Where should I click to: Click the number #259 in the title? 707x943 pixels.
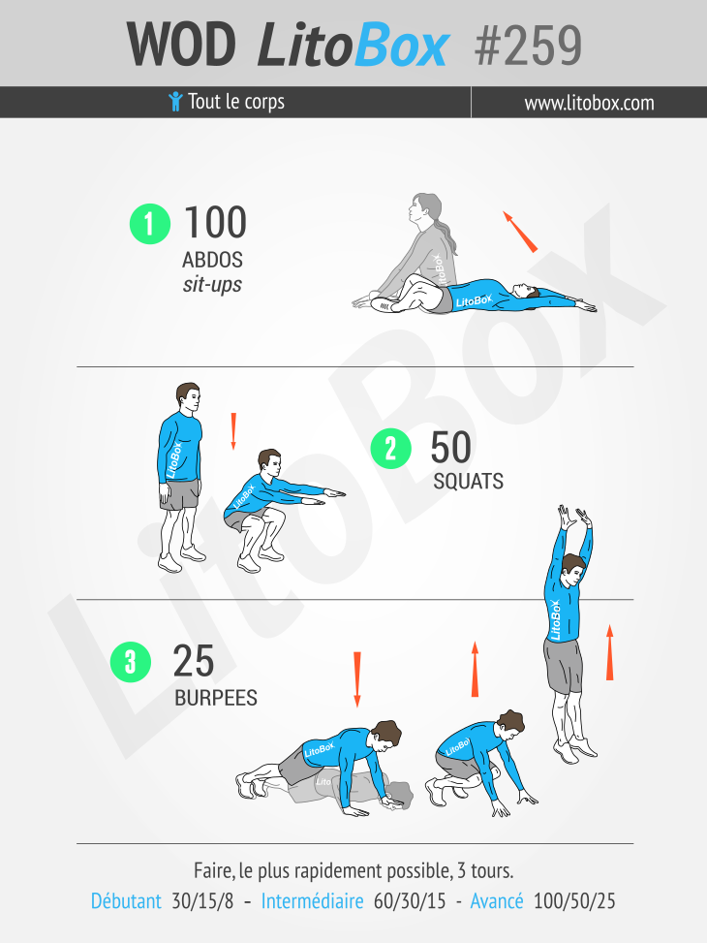pyautogui.click(x=529, y=46)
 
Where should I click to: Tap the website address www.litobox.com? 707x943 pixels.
pyautogui.click(x=589, y=103)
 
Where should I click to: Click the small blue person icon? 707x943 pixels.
pyautogui.click(x=175, y=101)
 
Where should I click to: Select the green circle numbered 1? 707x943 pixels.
pyautogui.click(x=150, y=224)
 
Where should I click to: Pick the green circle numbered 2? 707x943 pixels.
pyautogui.click(x=390, y=449)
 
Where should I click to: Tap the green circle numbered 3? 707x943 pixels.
pyautogui.click(x=131, y=662)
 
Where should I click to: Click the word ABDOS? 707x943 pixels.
pyautogui.click(x=212, y=261)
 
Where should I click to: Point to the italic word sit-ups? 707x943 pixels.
pyautogui.click(x=212, y=284)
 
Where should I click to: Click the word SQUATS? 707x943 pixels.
pyautogui.click(x=469, y=481)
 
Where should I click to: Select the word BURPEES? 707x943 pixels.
pyautogui.click(x=216, y=698)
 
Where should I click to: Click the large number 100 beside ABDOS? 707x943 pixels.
pyautogui.click(x=215, y=223)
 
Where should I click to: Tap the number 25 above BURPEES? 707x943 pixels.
pyautogui.click(x=194, y=662)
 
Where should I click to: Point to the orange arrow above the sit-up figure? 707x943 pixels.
pyautogui.click(x=520, y=232)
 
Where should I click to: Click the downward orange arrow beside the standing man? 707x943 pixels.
pyautogui.click(x=233, y=431)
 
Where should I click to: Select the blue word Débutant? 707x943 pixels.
pyautogui.click(x=126, y=901)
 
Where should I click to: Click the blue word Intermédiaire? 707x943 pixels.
pyautogui.click(x=312, y=901)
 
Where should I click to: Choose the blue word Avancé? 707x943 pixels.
pyautogui.click(x=497, y=901)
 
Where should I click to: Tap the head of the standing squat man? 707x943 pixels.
pyautogui.click(x=188, y=397)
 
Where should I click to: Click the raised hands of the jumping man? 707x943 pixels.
pyautogui.click(x=574, y=518)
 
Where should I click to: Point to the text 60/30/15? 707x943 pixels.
pyautogui.click(x=410, y=901)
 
